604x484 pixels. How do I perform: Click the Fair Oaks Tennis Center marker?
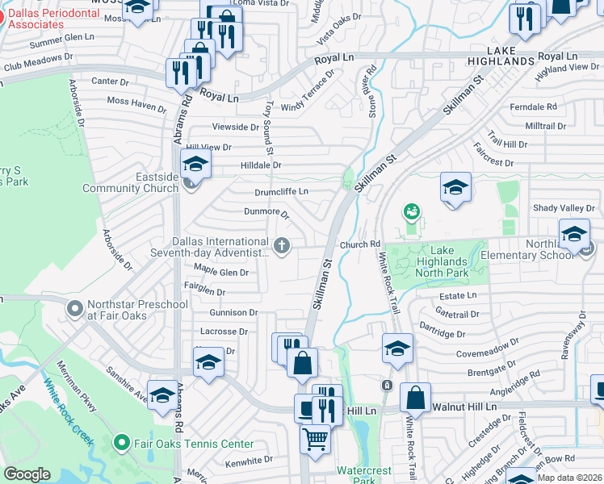pyautogui.click(x=121, y=443)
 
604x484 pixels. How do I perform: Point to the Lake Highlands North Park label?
pyautogui.click(x=443, y=267)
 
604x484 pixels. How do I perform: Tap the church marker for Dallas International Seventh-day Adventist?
pyautogui.click(x=281, y=246)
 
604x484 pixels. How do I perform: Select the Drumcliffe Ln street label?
pyautogui.click(x=281, y=191)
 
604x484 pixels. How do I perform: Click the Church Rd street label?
pyautogui.click(x=360, y=244)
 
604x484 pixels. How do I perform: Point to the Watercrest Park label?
pyautogui.click(x=363, y=474)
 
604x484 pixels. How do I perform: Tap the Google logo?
pyautogui.click(x=27, y=474)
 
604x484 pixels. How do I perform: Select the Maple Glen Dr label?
pyautogui.click(x=220, y=273)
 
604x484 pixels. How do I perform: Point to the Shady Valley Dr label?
pyautogui.click(x=563, y=208)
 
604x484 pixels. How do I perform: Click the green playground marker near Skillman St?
pyautogui.click(x=412, y=212)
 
